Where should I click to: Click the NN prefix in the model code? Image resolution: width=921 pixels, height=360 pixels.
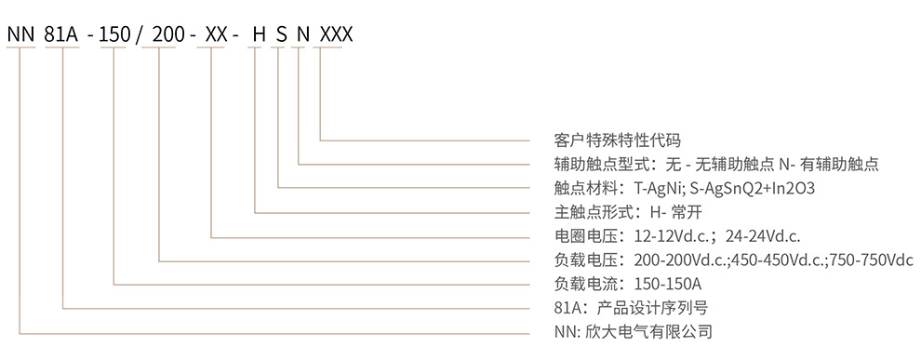[x=20, y=35]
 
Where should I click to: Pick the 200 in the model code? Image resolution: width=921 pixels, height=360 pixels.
[x=165, y=35]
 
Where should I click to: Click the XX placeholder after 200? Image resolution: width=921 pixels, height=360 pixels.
[x=214, y=35]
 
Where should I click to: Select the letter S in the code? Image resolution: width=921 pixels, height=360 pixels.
[x=280, y=35]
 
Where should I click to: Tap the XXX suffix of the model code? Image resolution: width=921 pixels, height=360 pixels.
[x=336, y=35]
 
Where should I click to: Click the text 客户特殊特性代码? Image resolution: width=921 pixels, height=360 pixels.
[x=611, y=140]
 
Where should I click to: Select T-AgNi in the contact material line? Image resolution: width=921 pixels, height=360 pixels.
[x=660, y=188]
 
